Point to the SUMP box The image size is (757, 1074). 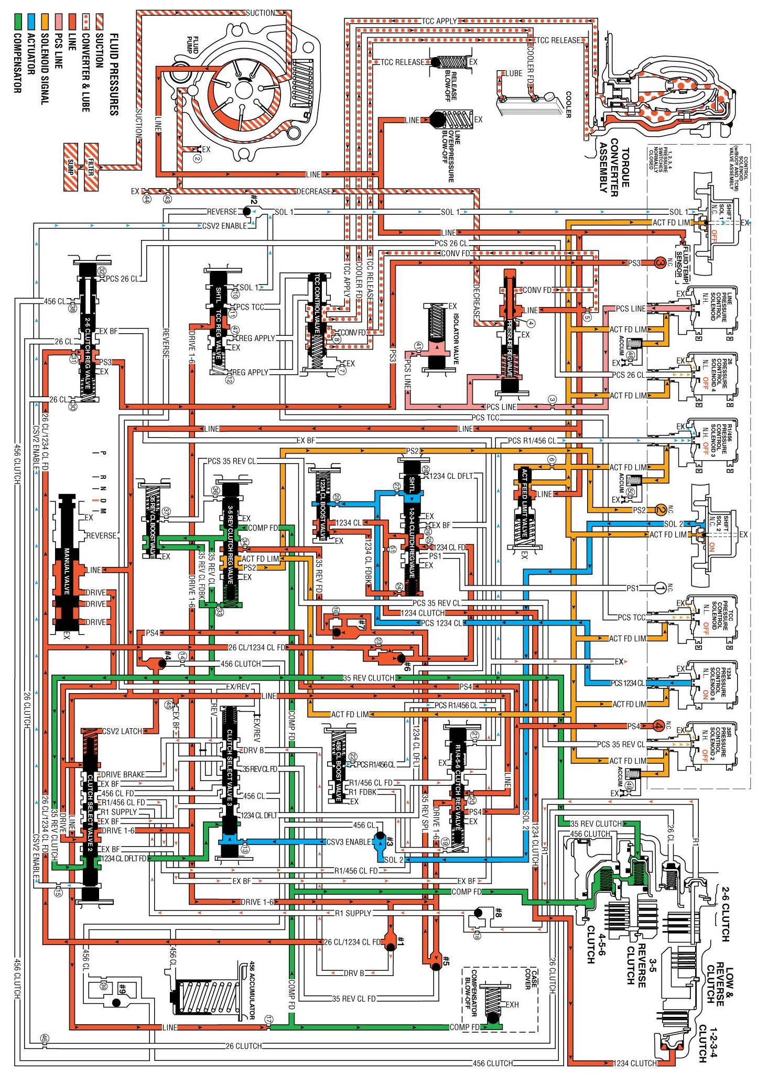pyautogui.click(x=71, y=167)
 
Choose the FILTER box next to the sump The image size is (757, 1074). pyautogui.click(x=91, y=167)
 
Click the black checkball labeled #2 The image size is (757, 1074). pyautogui.click(x=247, y=211)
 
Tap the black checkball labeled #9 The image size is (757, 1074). pyautogui.click(x=116, y=1002)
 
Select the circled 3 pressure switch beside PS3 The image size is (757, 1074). pyautogui.click(x=660, y=262)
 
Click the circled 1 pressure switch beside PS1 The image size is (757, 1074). pyautogui.click(x=660, y=588)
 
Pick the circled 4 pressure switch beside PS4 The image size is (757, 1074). pyautogui.click(x=658, y=726)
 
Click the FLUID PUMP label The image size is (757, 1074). pyautogui.click(x=192, y=45)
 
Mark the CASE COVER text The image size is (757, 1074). pyautogui.click(x=531, y=978)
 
